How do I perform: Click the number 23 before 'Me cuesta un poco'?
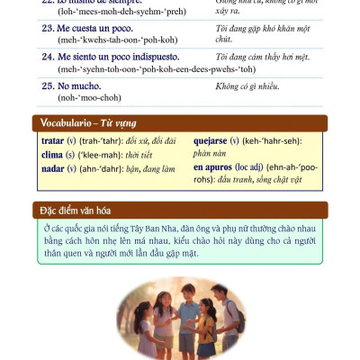[42, 26]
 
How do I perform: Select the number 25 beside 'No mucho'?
[42, 86]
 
